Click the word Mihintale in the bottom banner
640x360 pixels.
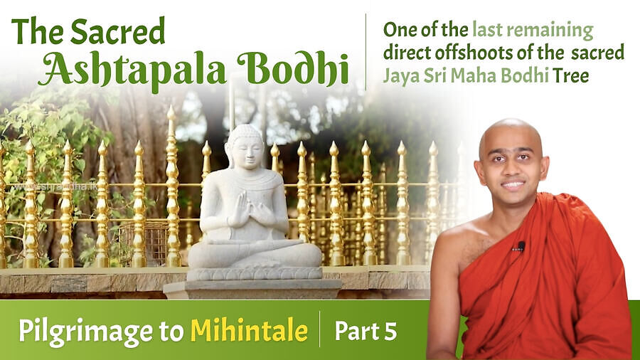248,331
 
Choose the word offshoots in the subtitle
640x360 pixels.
472,53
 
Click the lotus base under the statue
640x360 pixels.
255,273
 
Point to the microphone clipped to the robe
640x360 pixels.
521,247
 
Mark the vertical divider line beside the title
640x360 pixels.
366,51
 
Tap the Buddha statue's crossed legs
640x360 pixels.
255,250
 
